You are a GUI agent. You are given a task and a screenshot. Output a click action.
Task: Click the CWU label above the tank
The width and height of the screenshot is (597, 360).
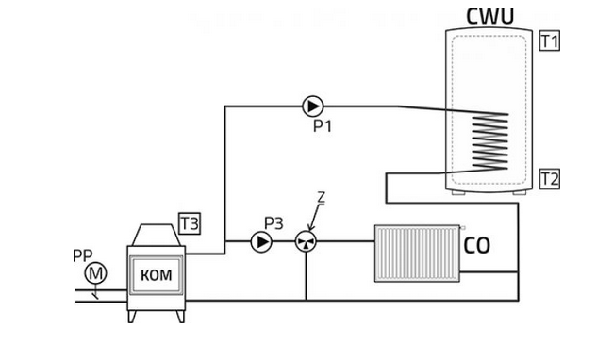pos(490,16)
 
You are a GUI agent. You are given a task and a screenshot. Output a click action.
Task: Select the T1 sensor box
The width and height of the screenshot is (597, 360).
pos(550,41)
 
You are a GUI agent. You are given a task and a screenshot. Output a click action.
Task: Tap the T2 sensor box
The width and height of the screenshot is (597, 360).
pos(550,179)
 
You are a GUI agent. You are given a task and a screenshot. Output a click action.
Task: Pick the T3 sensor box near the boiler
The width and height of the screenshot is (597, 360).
pos(190,223)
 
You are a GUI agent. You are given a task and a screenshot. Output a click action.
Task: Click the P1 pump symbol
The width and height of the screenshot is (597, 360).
pos(313,106)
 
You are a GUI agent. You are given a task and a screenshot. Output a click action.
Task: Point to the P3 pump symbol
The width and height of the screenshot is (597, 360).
pos(261,241)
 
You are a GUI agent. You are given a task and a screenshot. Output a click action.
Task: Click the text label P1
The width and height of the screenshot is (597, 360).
pos(323,126)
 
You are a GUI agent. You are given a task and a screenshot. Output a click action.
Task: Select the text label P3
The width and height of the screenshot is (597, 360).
pos(274,223)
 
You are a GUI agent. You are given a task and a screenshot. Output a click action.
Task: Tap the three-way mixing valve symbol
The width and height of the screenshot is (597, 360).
pos(306,241)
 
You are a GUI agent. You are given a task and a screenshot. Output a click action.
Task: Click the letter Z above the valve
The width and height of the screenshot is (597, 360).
pos(322,198)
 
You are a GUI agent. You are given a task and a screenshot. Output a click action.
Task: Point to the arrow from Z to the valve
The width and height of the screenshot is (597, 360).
pos(316,218)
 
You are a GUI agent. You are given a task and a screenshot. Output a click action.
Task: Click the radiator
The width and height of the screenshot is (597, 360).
pos(417,254)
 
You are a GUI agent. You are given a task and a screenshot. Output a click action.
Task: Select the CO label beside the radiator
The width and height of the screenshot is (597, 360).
pos(476,245)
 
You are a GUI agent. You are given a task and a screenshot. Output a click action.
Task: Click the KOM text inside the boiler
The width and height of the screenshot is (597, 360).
pos(157,275)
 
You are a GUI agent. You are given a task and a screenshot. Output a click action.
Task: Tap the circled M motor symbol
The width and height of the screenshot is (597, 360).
pos(95,273)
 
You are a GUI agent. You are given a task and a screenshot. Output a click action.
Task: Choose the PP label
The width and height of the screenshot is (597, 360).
pos(83,255)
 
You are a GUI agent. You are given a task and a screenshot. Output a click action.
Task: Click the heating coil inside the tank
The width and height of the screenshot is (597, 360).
pos(490,141)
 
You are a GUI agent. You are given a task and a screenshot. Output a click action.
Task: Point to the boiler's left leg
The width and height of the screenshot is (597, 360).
pos(131,317)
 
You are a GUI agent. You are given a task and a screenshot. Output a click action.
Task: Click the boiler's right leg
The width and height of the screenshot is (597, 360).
pos(181,317)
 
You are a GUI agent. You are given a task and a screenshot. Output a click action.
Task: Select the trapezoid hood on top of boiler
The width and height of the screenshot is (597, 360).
pos(157,235)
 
